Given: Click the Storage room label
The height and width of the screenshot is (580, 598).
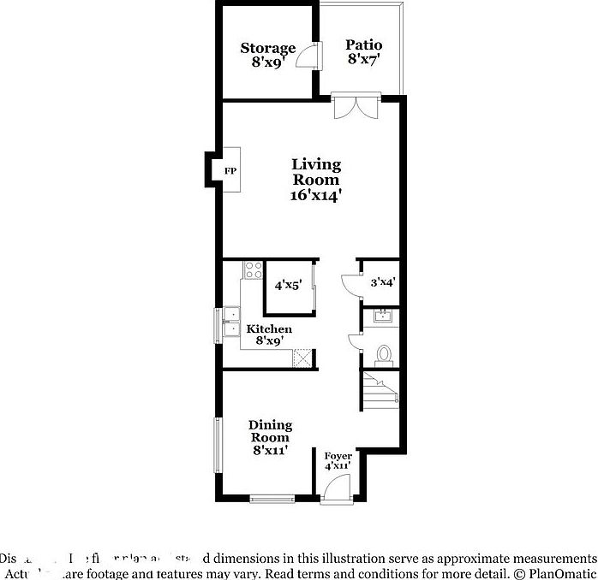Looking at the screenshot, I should pyautogui.click(x=267, y=48).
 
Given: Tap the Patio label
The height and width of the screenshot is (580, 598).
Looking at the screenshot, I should pyautogui.click(x=364, y=44).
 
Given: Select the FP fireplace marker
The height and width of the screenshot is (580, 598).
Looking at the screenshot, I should pyautogui.click(x=230, y=171).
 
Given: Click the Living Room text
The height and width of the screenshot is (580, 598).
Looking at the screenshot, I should pyautogui.click(x=316, y=172).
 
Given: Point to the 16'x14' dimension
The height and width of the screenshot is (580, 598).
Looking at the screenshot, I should pyautogui.click(x=316, y=195).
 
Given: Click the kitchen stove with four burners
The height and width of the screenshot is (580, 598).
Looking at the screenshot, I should pyautogui.click(x=253, y=271).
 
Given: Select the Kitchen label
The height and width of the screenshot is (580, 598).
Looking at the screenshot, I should pyautogui.click(x=269, y=329).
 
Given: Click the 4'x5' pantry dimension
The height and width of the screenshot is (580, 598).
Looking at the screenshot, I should pyautogui.click(x=288, y=286).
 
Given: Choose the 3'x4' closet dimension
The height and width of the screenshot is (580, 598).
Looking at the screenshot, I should pyautogui.click(x=382, y=281).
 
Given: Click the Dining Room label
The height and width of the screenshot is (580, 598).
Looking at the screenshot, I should pyautogui.click(x=270, y=431).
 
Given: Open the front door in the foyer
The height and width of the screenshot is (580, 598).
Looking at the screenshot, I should pyautogui.click(x=335, y=489).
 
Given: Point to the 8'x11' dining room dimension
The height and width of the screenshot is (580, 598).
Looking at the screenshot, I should pyautogui.click(x=270, y=450).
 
